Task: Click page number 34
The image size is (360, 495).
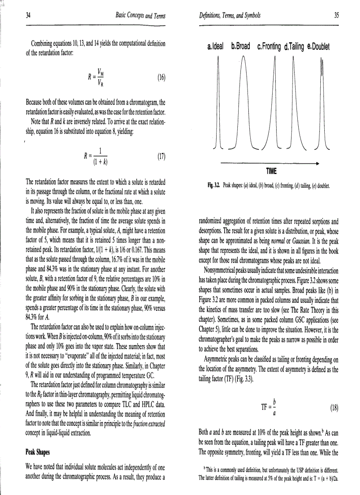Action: point(28,16)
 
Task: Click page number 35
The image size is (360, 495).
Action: point(337,16)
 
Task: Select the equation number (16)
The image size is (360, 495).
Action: point(161,78)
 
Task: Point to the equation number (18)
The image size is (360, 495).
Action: point(334,407)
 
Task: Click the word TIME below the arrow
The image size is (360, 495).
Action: point(271,170)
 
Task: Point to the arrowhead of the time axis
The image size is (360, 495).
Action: point(316,163)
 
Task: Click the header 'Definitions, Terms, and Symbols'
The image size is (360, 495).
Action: point(230,16)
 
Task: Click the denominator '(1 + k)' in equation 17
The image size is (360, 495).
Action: point(101,161)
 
